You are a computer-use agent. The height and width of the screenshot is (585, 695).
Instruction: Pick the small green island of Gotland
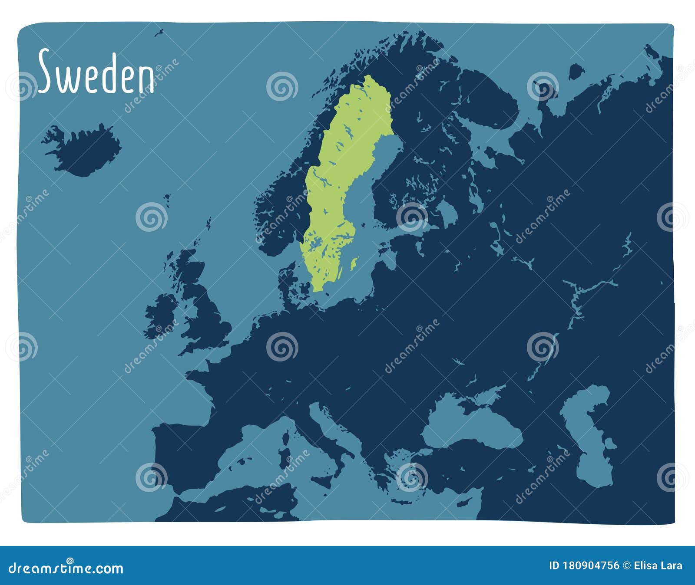pyautogui.click(x=354, y=263)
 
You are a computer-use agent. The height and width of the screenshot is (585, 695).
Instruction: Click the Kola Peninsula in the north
pyautogui.click(x=491, y=104)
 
